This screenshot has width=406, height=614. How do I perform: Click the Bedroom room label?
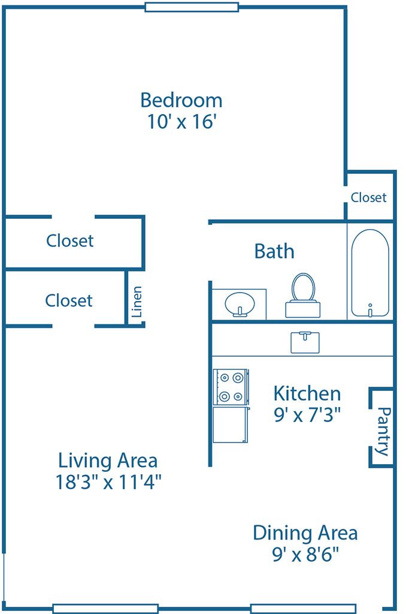181,99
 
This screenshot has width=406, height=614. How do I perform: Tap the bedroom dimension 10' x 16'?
181,122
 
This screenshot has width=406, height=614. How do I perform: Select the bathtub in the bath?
369,273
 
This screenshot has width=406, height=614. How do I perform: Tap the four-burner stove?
231,387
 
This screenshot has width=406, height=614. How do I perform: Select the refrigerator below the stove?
231,425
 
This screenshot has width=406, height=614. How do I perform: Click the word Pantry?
384,431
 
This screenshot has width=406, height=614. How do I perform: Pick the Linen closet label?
137,301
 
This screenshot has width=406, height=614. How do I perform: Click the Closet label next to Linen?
69,300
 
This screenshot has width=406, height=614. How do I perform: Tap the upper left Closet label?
70,240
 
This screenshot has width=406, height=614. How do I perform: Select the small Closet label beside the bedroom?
369,197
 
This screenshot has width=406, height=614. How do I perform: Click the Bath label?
274,251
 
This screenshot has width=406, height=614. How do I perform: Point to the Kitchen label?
307,393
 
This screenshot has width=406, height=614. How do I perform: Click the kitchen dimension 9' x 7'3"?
307,415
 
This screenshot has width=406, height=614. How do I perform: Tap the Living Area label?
108,460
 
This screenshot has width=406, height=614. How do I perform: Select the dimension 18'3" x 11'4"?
108,482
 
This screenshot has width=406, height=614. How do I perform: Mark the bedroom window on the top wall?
192,7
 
